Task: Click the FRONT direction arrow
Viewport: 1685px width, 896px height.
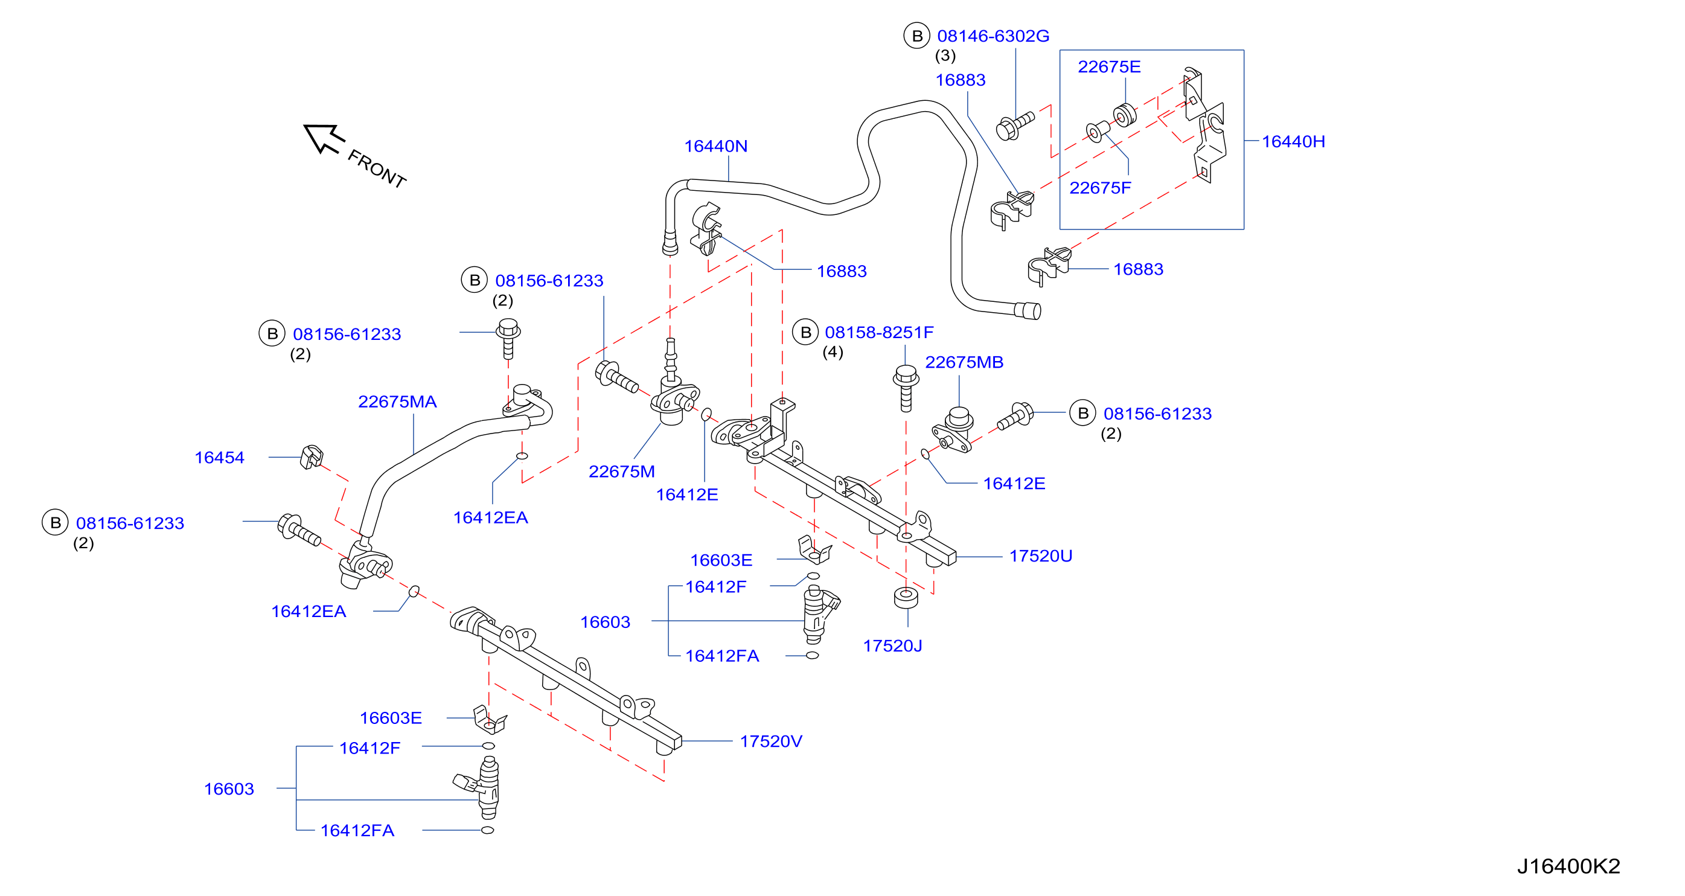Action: [324, 139]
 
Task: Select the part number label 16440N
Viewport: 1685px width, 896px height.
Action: [715, 146]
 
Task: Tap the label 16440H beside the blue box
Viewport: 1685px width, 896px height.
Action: [1293, 141]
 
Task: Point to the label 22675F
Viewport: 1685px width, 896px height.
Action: [1099, 188]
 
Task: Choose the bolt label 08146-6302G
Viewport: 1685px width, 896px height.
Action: [993, 36]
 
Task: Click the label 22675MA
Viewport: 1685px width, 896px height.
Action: [397, 402]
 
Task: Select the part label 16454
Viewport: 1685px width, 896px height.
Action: [219, 457]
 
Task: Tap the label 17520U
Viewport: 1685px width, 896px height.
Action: [1041, 556]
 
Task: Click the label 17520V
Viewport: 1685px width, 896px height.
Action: [770, 741]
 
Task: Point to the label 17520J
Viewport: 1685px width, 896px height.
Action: [892, 645]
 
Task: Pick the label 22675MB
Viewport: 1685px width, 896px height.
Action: [964, 362]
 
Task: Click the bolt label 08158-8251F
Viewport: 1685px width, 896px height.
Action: [879, 332]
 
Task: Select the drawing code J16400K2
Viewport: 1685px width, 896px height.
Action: [1568, 866]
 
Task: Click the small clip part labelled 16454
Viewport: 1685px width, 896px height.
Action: [312, 456]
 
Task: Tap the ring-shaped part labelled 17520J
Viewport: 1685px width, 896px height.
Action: [906, 597]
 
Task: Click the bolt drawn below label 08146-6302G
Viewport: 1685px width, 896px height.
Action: [1014, 126]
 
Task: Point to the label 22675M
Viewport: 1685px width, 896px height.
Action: [621, 472]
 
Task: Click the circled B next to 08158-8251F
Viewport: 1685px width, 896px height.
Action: [805, 332]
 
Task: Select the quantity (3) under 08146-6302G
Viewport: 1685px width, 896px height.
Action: [945, 56]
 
